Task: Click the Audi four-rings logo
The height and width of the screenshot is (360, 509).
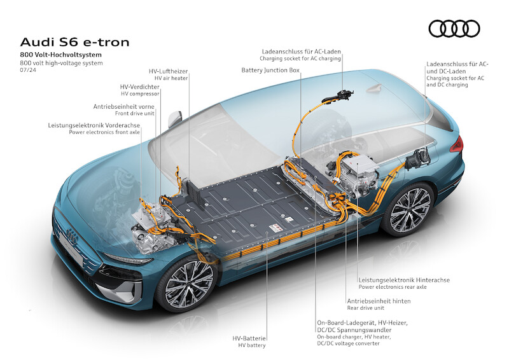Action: point(454,29)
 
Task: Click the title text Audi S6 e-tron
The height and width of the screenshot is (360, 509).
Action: point(75,43)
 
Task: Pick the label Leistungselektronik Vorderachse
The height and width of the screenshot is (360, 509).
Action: point(94,125)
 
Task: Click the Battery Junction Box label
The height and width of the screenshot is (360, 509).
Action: point(270,70)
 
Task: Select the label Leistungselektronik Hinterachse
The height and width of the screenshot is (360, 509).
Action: point(404,279)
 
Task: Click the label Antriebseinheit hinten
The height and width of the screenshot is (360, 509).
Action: point(378,301)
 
